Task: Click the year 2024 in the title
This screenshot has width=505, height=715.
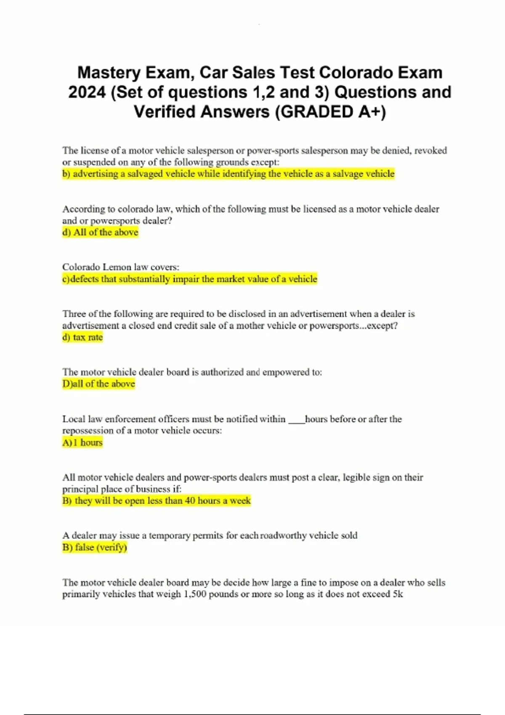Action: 87,92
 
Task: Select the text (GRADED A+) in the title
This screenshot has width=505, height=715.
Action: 330,112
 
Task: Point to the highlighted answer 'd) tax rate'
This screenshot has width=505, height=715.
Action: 82,337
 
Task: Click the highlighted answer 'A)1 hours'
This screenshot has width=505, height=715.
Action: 82,442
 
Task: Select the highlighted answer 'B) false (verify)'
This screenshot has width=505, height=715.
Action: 95,547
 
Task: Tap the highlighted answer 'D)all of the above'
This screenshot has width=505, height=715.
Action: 98,384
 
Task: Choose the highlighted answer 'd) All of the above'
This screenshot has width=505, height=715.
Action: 100,232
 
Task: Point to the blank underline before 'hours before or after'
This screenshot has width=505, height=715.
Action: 296,420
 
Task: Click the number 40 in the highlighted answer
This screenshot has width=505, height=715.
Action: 190,500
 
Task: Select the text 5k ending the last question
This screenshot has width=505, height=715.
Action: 398,594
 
